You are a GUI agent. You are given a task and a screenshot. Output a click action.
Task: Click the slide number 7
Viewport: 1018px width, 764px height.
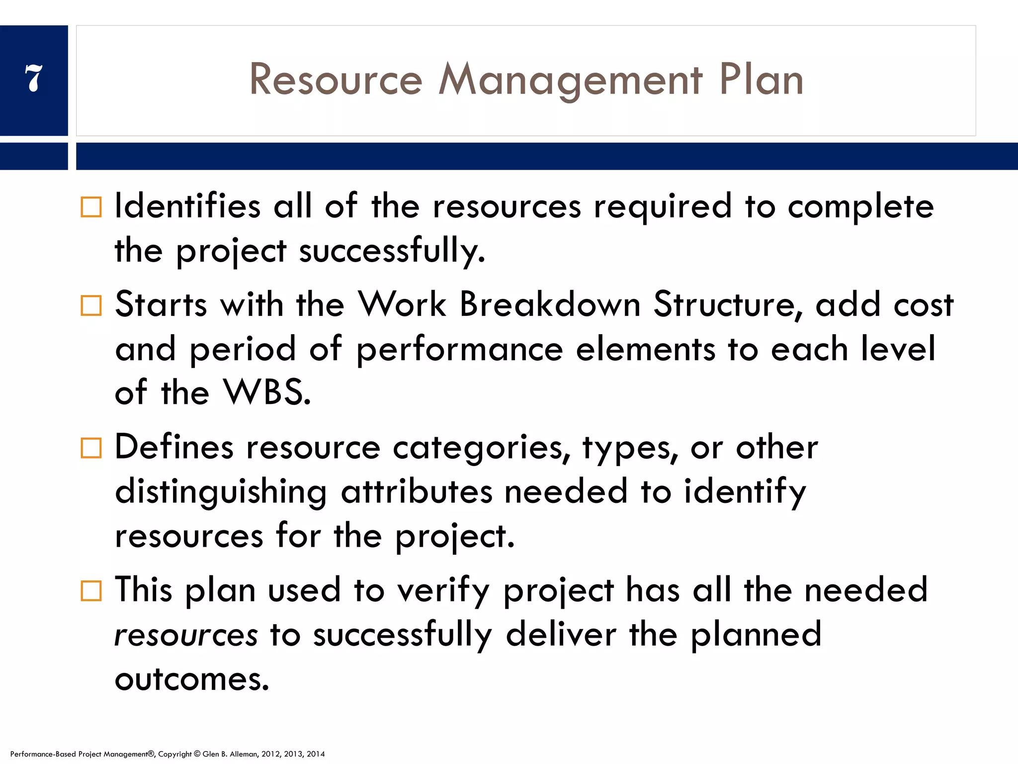click(x=34, y=78)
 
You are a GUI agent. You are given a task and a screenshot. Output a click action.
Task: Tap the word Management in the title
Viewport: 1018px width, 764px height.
click(x=570, y=81)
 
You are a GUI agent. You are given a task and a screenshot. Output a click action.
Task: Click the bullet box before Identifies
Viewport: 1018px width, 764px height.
click(x=91, y=207)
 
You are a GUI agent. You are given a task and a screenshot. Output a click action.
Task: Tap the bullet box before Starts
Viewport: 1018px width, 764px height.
click(x=91, y=305)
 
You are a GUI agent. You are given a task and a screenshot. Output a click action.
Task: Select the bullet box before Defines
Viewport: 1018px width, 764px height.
click(x=91, y=448)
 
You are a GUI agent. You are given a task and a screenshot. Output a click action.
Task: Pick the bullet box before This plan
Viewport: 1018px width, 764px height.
click(x=91, y=591)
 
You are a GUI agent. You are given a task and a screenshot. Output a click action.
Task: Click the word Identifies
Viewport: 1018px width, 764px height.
click(x=187, y=206)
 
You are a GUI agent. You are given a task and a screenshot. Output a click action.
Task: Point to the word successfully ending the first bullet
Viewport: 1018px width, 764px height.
click(x=392, y=251)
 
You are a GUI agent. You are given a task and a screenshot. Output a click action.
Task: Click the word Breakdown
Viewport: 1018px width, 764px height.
click(x=550, y=304)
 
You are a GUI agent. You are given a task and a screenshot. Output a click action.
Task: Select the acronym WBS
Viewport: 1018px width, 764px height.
click(x=267, y=392)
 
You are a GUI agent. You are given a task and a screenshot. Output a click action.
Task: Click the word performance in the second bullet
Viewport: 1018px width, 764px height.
click(x=460, y=350)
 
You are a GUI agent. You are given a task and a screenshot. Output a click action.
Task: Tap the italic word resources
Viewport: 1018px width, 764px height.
click(x=186, y=635)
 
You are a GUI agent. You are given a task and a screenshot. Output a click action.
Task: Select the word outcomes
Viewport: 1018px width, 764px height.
click(x=191, y=679)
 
